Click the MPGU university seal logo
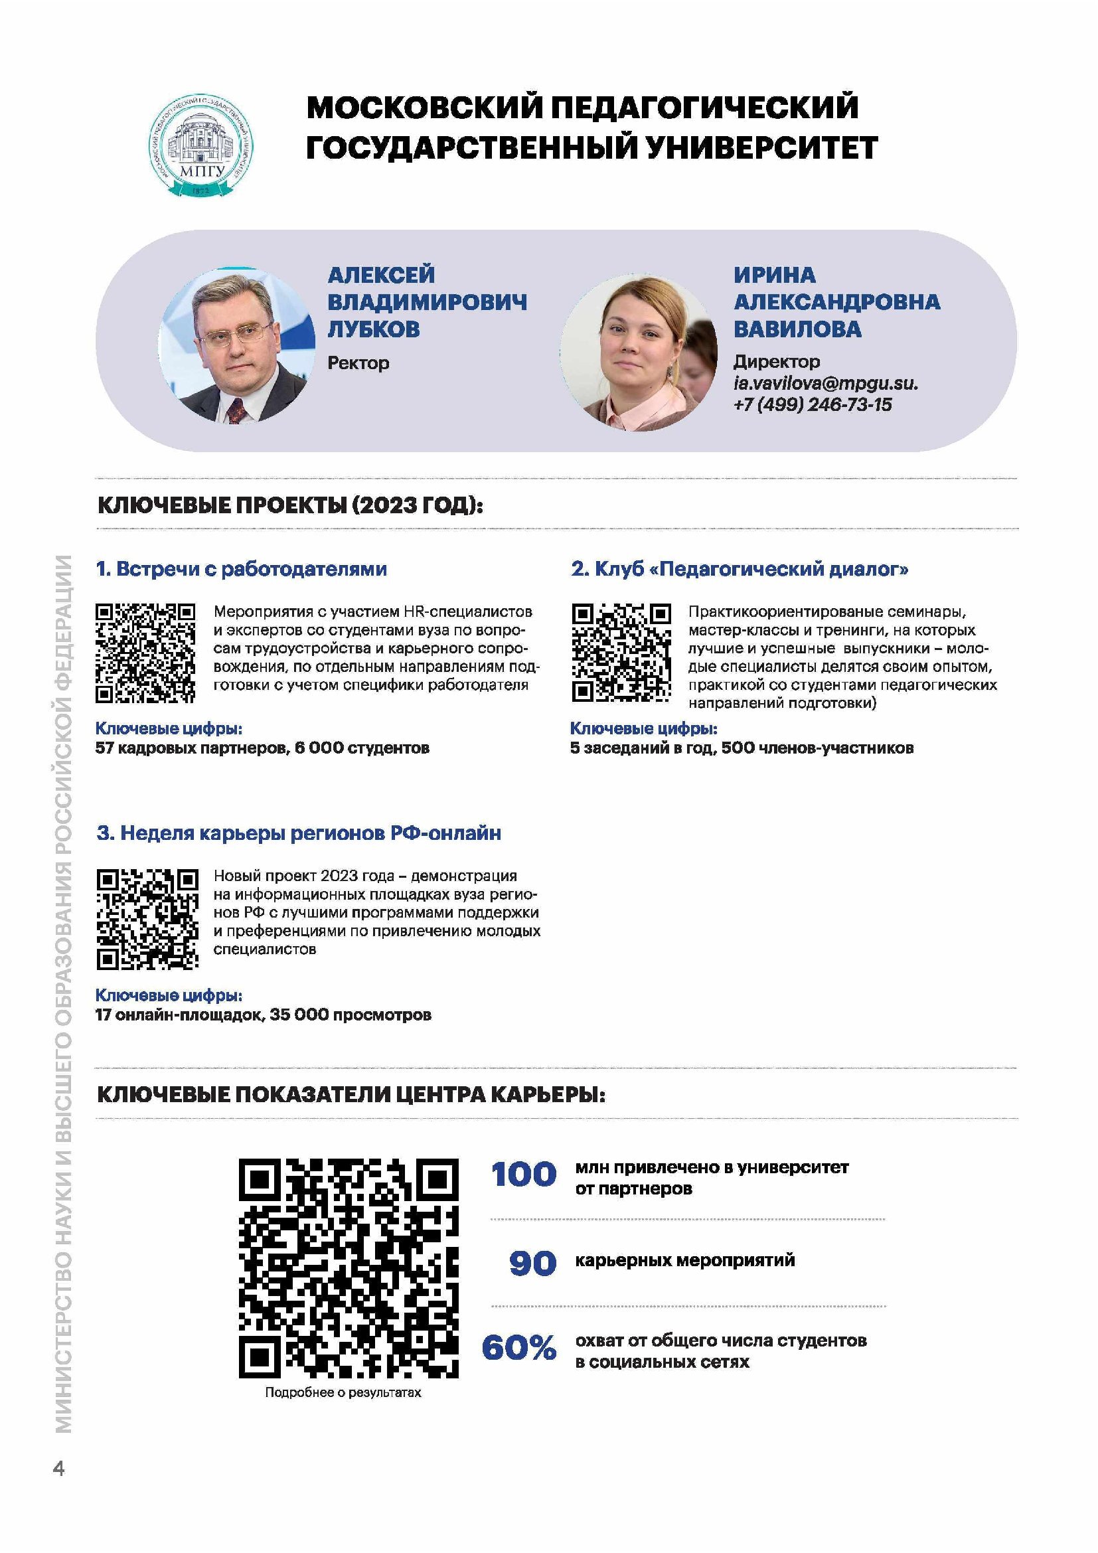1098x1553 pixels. (x=202, y=145)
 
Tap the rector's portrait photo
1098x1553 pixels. (x=236, y=345)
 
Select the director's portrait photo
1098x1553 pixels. (x=638, y=352)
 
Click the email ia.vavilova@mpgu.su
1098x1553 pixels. (x=826, y=384)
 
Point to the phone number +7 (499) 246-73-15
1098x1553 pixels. (x=812, y=404)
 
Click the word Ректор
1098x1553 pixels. (x=358, y=363)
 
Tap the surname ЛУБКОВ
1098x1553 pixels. (x=373, y=329)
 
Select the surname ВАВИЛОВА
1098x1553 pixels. (x=797, y=329)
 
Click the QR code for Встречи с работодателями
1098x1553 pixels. (x=145, y=653)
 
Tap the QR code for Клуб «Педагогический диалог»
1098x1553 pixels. (x=621, y=653)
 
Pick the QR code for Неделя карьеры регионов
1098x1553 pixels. (x=147, y=918)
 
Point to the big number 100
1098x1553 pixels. (x=524, y=1175)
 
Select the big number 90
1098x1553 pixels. (x=533, y=1264)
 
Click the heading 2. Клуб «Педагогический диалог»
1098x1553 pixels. (x=739, y=569)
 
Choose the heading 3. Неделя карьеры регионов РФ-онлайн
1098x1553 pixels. (x=298, y=833)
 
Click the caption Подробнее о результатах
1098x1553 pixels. (x=343, y=1393)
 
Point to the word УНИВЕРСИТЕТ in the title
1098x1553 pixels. (x=761, y=147)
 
